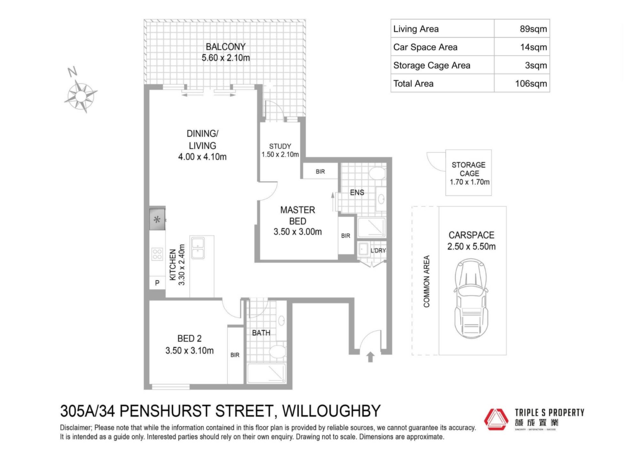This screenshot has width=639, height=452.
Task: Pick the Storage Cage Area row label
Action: coord(432,65)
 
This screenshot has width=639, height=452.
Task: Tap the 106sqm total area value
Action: coord(531,84)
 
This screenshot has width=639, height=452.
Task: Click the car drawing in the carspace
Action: coord(471,298)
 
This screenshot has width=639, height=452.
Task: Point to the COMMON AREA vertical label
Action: coord(426,281)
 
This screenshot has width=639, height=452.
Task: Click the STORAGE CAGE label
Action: coord(469,169)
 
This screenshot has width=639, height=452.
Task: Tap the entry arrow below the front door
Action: coord(370,357)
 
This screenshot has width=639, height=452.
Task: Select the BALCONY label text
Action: coord(226,47)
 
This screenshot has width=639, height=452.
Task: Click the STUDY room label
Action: coord(280,146)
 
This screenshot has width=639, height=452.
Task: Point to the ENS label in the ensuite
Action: coord(357,193)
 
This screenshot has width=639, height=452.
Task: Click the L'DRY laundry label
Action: coord(378,250)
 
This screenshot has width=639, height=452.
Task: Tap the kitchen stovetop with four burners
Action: coord(157,254)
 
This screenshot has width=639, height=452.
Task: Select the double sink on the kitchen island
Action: coord(198,248)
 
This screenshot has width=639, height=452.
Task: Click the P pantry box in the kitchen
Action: coord(157,283)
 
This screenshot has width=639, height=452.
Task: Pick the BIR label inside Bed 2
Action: coord(235,355)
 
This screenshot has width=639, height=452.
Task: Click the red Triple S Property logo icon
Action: coord(496,419)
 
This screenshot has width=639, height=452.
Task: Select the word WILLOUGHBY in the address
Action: coord(331,411)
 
